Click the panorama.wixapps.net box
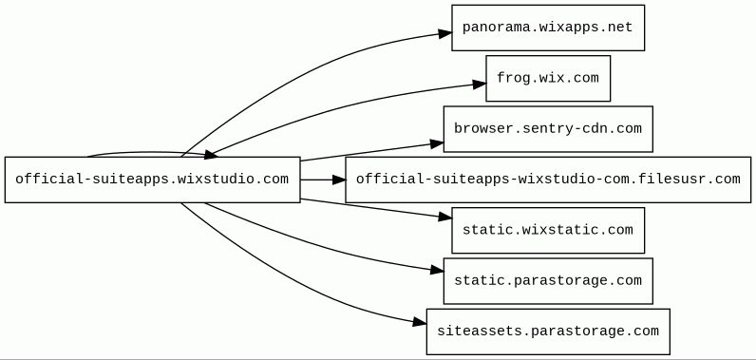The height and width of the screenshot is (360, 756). point(548,28)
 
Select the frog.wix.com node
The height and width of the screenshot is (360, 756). point(548,78)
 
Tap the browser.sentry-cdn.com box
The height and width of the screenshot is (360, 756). point(548,128)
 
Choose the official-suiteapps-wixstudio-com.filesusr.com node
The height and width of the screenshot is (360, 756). point(548,180)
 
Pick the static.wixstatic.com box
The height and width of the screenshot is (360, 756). point(548,230)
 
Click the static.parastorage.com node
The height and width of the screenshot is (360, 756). point(548,280)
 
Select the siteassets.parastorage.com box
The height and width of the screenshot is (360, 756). point(548,332)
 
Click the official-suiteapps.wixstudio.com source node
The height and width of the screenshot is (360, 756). point(152,180)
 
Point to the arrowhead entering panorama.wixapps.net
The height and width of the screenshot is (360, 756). point(445,33)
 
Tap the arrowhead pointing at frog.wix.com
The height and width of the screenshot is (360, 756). point(480,85)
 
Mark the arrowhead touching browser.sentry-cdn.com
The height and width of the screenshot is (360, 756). point(437,143)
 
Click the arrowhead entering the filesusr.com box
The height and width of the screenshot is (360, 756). point(339,180)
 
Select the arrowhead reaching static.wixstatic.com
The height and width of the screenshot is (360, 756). point(445,218)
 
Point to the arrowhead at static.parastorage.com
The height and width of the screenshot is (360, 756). point(437,271)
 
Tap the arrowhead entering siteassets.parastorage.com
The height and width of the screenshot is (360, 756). point(420,322)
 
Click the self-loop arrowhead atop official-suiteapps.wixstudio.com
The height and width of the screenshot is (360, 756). point(211,154)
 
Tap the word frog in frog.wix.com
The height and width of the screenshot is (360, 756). point(508,79)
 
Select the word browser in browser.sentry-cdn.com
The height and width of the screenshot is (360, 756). point(475,128)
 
